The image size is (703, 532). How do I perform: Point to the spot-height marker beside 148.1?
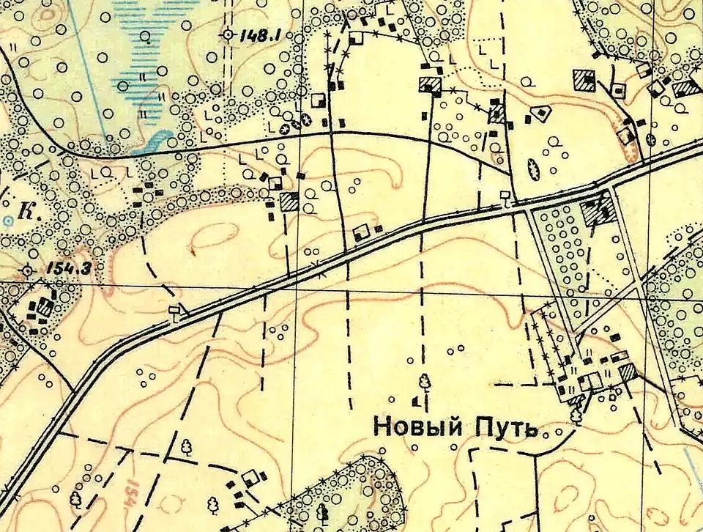pyautogui.click(x=227, y=34)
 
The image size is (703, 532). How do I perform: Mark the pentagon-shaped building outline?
pyautogui.click(x=542, y=112)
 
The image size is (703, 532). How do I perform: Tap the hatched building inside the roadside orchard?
pyautogui.click(x=597, y=213)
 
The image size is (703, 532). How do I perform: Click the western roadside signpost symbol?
pyautogui.click(x=174, y=313)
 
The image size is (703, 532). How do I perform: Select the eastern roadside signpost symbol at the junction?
pyautogui.click(x=505, y=196)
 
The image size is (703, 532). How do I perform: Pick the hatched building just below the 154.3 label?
pyautogui.click(x=45, y=307)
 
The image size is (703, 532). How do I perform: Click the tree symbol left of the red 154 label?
pyautogui.click(x=75, y=498)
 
